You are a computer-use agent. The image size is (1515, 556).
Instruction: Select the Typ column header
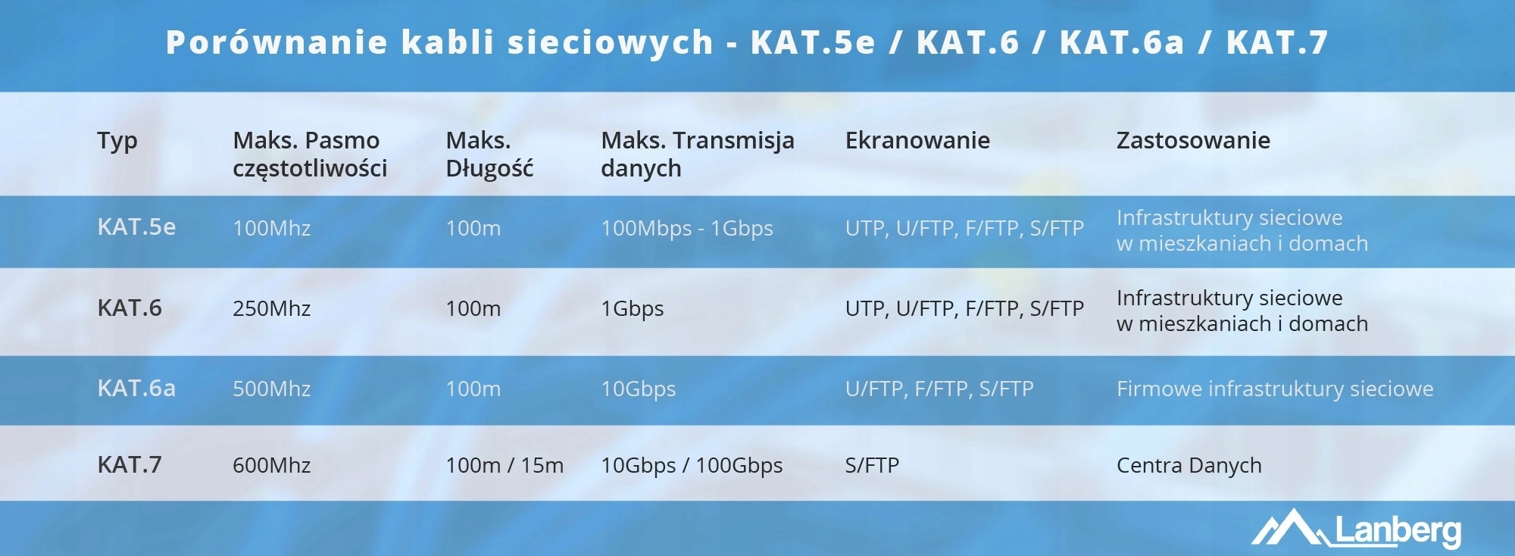117,141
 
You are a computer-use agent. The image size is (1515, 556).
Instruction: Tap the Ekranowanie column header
917,140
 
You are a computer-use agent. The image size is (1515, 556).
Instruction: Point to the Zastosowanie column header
1193,140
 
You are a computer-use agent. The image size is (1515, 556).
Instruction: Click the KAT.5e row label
136,226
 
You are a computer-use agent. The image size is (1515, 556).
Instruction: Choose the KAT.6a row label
136,388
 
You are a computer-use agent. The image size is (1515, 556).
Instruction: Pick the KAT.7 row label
130,464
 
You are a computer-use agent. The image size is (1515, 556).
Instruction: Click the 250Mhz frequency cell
271,308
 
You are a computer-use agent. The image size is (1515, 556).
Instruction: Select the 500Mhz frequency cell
271,389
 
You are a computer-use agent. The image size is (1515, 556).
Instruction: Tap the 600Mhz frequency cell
271,465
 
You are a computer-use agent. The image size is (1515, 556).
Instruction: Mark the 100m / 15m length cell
504,465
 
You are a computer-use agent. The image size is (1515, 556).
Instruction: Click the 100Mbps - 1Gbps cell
687,228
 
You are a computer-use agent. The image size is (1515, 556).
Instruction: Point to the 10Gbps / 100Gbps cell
692,465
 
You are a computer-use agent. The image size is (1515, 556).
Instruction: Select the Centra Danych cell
1189,465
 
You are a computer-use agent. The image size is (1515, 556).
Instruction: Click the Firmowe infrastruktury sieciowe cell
1275,389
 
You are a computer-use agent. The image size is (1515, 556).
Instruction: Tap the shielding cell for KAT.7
872,465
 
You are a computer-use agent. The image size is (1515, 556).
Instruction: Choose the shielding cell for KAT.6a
939,389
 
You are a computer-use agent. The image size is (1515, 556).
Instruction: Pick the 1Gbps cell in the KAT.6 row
632,308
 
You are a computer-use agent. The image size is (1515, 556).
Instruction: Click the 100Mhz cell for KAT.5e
271,228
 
